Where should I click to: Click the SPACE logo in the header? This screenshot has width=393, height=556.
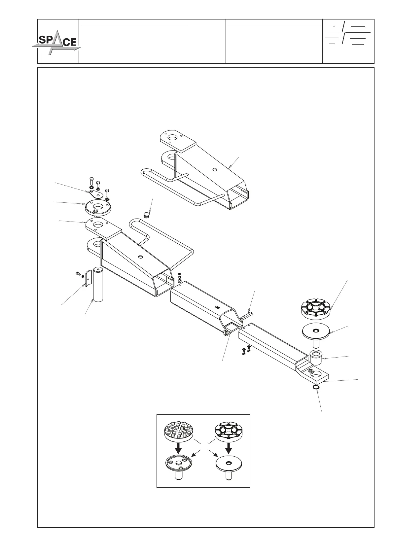[56, 42]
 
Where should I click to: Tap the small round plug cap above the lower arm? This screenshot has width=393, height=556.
[146, 215]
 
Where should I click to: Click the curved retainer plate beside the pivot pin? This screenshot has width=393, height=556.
[88, 278]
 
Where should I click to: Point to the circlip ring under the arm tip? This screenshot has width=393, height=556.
[316, 387]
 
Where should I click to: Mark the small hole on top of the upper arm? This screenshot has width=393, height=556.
[215, 170]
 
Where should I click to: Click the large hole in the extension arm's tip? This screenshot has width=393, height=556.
[317, 375]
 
